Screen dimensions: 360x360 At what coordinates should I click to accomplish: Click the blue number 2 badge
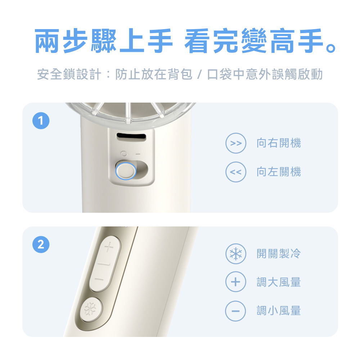pos(41,245)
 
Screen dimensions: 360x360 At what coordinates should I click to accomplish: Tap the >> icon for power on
pos(235,144)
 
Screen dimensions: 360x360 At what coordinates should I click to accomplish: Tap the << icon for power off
pos(235,172)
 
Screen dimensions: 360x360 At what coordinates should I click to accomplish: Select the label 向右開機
pos(278,144)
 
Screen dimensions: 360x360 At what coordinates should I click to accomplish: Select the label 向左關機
pos(278,172)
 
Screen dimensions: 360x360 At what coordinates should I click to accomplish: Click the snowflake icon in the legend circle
pos(235,254)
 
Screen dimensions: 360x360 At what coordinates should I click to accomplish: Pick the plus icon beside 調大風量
pos(235,282)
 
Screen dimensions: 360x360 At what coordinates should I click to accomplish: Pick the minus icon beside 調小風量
pos(235,310)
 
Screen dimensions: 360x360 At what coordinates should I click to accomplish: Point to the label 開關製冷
pos(278,254)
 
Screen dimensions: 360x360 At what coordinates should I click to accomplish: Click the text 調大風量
pos(278,282)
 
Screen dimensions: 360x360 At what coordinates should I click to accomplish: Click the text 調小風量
pos(278,310)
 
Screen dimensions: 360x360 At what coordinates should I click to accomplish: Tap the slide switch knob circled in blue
pos(126,171)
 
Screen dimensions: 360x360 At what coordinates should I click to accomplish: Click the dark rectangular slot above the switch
pos(131,138)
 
